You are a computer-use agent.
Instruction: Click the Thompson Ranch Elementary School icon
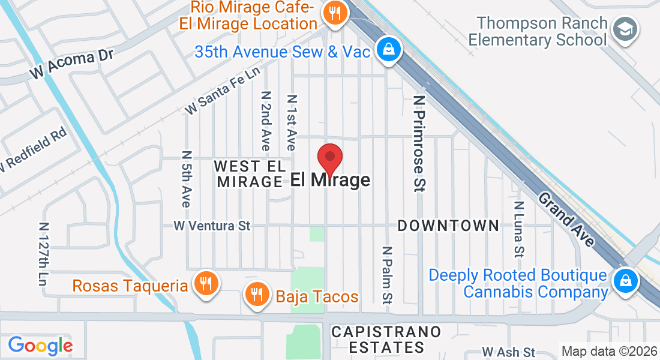tap(626, 29)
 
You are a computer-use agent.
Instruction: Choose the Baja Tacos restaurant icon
tap(257, 294)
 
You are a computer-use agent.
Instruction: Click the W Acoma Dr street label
tap(73, 65)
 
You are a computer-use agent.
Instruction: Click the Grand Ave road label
tap(566, 219)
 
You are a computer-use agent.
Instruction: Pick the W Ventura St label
tap(211, 226)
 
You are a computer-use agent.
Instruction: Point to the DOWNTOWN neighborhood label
tap(448, 226)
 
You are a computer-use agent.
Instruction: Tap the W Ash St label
tap(508, 352)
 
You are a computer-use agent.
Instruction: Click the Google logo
tap(40, 345)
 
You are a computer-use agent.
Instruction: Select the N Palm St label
tap(388, 274)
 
